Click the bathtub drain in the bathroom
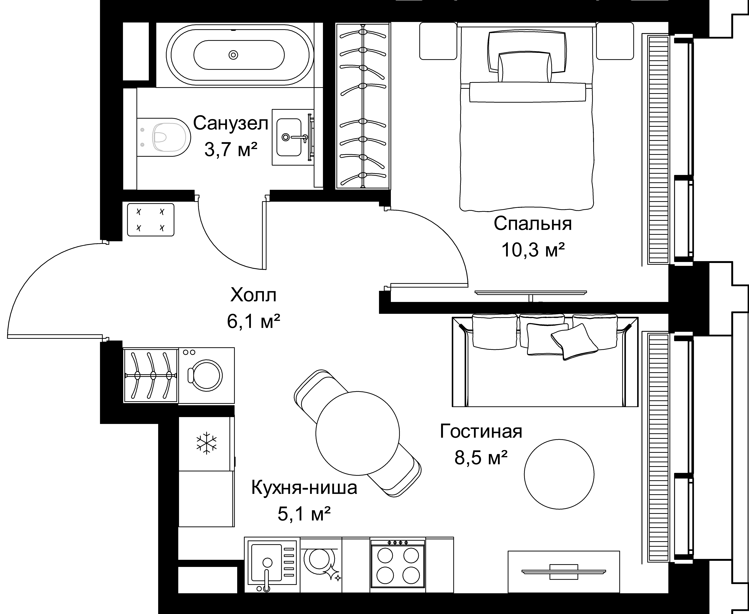click(233, 55)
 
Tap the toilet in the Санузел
click(163, 137)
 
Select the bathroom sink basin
click(289, 137)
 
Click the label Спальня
click(533, 224)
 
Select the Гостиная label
click(481, 431)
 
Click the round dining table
click(358, 433)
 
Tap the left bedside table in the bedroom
click(438, 41)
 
